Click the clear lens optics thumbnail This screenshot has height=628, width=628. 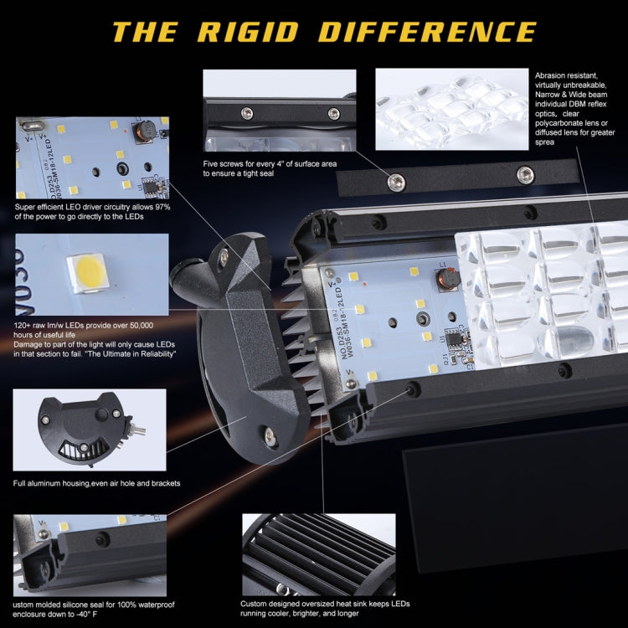(x=452, y=109)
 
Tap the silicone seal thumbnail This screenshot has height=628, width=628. (x=91, y=553)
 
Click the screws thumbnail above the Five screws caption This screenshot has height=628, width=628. (x=280, y=109)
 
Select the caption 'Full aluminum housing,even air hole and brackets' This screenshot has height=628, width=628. (x=97, y=483)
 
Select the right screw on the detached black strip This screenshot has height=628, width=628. (x=525, y=174)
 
